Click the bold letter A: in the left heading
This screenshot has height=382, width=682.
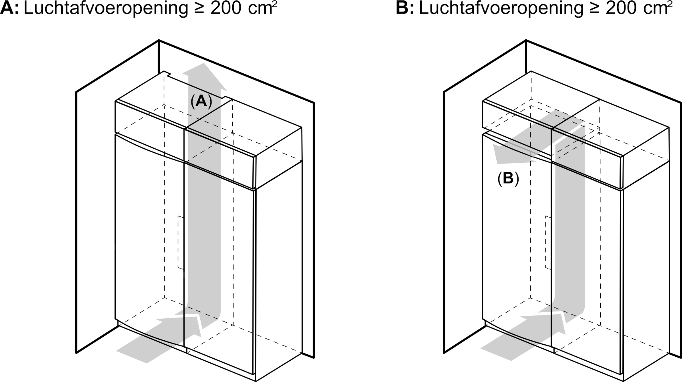tap(10, 8)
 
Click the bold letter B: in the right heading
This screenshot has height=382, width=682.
tap(405, 8)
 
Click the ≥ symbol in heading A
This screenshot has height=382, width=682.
tap(199, 9)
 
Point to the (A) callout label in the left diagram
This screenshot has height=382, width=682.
tap(201, 101)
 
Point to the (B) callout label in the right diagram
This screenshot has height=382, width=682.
tap(508, 178)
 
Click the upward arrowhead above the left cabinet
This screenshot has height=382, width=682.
tap(204, 76)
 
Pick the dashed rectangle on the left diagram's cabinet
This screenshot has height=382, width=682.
tap(181, 243)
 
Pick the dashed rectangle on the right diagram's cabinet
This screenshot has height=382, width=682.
tap(548, 243)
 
